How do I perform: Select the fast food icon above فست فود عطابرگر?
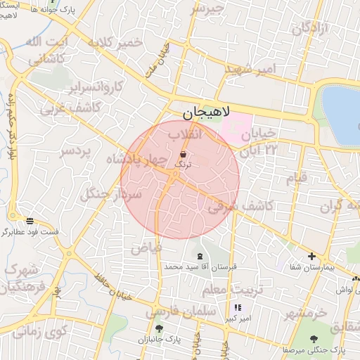(x=29, y=221)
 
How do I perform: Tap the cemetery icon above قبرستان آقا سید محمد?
(x=200, y=256)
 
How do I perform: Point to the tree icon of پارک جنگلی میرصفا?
(x=314, y=338)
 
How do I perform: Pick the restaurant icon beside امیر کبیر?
(x=238, y=307)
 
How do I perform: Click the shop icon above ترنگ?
(x=183, y=154)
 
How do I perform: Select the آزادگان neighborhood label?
(x=310, y=30)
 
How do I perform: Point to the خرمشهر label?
(x=307, y=313)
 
